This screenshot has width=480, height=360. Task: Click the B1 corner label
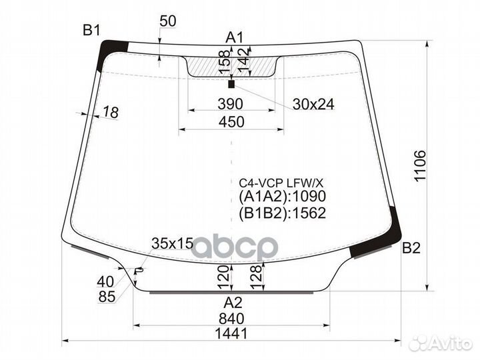(x=91, y=29)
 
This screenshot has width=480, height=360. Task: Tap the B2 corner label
(x=411, y=249)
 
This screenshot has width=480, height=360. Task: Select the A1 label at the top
(x=235, y=37)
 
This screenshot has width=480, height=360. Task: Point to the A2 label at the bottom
(x=232, y=301)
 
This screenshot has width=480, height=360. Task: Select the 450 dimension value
(x=231, y=121)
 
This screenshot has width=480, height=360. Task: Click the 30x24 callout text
(x=313, y=104)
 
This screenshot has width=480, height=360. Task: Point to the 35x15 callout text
(x=172, y=243)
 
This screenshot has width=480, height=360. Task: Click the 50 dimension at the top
(x=168, y=21)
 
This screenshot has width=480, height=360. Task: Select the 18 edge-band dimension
(x=111, y=113)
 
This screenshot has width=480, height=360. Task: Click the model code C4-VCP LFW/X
(x=281, y=182)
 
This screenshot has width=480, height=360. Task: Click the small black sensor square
(x=231, y=85)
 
